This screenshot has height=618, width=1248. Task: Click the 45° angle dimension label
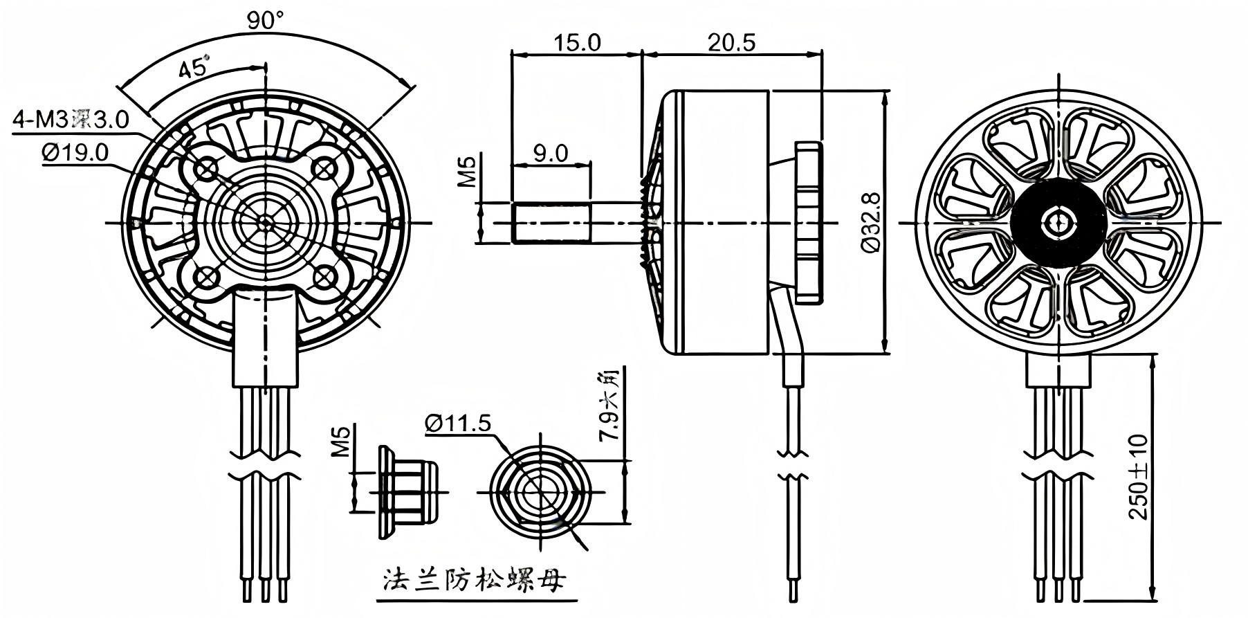[194, 69]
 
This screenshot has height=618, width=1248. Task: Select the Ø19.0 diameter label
[75, 152]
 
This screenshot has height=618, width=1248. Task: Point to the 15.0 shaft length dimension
[576, 42]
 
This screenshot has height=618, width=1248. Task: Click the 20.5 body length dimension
[731, 42]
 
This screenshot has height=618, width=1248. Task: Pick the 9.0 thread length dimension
[551, 153]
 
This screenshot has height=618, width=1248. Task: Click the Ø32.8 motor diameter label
[871, 221]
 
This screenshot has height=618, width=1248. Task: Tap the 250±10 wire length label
[1138, 477]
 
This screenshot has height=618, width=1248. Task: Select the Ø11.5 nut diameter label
[457, 422]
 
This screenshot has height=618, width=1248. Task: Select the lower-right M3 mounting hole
[324, 278]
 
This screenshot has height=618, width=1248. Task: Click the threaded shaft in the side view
[551, 222]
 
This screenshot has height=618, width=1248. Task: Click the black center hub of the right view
[1057, 222]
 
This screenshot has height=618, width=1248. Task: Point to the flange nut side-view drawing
[408, 492]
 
